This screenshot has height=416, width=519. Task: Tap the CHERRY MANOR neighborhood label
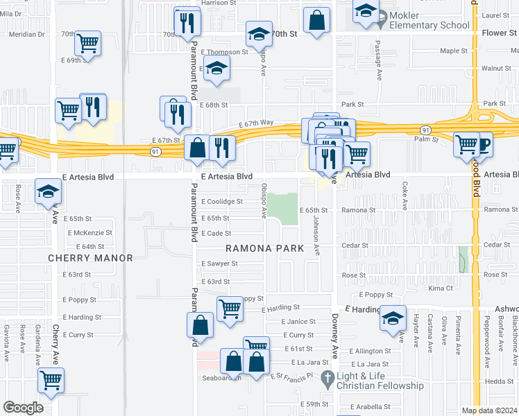coord(90,258)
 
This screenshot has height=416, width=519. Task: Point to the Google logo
coord(23,408)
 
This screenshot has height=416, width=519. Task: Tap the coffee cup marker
coord(481,144)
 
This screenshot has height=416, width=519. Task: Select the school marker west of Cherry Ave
coord(48,191)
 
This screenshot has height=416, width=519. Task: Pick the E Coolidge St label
coord(221,202)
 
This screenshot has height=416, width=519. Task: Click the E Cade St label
coord(215,234)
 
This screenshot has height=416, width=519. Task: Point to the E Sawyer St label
coord(219,263)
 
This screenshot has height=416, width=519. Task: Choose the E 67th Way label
coord(256,123)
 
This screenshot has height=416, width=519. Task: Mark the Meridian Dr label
coord(26,33)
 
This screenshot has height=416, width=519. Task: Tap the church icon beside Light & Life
coord(327,380)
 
